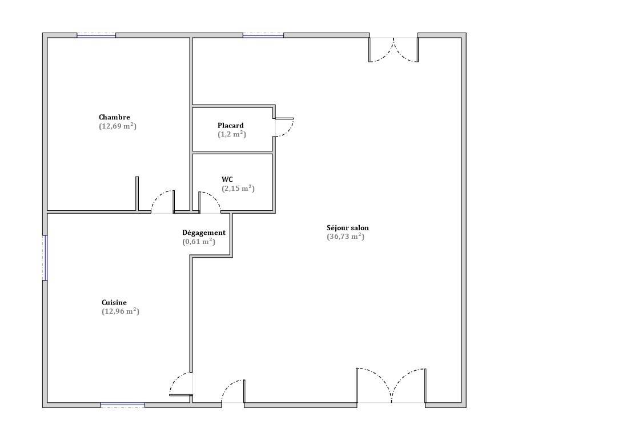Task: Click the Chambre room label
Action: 114,117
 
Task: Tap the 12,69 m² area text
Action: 117,126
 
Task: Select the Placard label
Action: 230,125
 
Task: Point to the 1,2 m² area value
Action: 231,134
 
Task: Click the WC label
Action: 227,179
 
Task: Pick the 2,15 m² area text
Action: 238,189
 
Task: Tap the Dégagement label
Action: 203,233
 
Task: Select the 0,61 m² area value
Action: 198,242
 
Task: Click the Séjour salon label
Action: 347,227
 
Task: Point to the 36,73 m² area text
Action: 345,237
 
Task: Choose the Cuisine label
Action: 114,302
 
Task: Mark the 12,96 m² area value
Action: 120,311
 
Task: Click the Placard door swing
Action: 283,127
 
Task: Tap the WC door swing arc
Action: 209,202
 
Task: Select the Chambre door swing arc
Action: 163,201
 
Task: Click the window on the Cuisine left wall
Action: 45,258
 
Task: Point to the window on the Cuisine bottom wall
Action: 122,405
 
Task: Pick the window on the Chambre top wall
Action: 96,35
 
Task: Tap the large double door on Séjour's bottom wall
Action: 391,386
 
